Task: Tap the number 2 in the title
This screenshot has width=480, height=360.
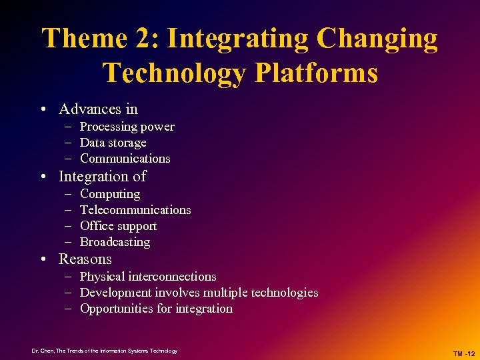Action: (x=147, y=39)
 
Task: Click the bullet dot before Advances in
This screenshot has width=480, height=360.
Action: (x=43, y=110)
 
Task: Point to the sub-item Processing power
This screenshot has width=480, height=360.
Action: (x=127, y=127)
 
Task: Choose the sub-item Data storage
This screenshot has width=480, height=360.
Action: (x=113, y=143)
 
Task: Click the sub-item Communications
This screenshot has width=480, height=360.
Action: (x=125, y=159)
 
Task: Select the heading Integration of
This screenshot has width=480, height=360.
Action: (x=102, y=177)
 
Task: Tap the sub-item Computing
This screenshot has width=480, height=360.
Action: (x=110, y=194)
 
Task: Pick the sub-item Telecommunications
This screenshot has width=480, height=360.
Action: (x=135, y=210)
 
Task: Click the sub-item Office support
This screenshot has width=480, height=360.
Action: (x=118, y=226)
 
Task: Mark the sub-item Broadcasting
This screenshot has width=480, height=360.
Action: (x=115, y=242)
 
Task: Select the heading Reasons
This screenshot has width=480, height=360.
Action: (x=85, y=259)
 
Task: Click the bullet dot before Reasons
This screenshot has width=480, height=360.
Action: (x=43, y=260)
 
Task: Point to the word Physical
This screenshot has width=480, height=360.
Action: (x=101, y=277)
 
